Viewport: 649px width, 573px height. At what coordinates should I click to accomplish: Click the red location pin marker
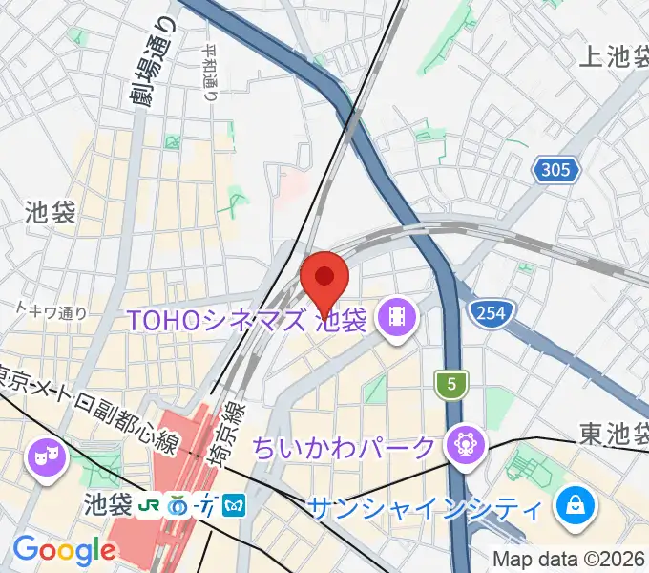click(324, 278)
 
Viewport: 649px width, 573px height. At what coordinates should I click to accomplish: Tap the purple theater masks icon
click(45, 455)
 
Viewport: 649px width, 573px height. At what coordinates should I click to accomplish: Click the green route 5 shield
click(449, 384)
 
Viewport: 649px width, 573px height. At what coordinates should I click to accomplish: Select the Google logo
click(64, 549)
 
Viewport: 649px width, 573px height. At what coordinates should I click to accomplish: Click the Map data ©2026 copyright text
click(569, 559)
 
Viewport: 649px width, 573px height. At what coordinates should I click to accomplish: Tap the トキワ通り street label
click(52, 310)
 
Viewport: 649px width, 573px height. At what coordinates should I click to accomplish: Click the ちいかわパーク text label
click(355, 446)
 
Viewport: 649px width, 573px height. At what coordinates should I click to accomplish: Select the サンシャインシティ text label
click(426, 505)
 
